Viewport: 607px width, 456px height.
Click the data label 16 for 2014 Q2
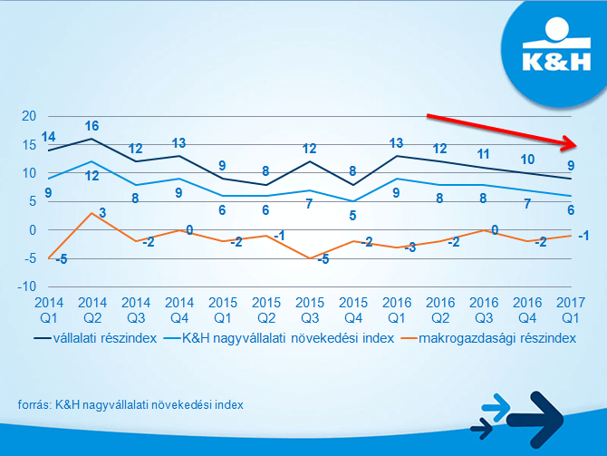pyautogui.click(x=92, y=126)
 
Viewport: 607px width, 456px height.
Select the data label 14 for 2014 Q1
pyautogui.click(x=48, y=137)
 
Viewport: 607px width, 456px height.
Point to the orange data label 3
pyautogui.click(x=104, y=213)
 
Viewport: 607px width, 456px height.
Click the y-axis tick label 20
pyautogui.click(x=28, y=116)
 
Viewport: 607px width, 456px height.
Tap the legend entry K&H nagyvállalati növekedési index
pyautogui.click(x=288, y=337)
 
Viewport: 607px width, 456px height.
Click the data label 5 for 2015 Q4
pyautogui.click(x=352, y=216)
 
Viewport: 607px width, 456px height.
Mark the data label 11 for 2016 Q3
pyautogui.click(x=483, y=154)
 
